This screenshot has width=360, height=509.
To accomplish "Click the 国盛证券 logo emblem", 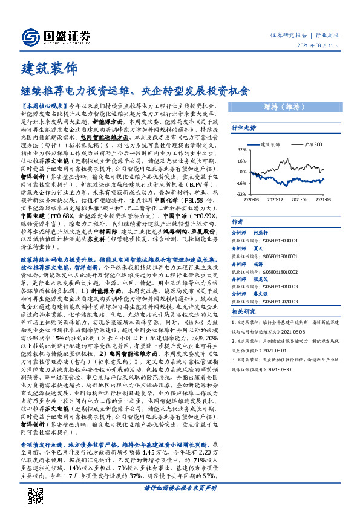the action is point(29,37).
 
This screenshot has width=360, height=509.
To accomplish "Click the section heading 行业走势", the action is point(244,128).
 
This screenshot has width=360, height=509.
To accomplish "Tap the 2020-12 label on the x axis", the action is point(276,198).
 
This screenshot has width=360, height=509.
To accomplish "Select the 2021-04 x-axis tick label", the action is point(299,198).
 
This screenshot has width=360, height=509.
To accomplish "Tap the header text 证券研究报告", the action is point(288,36).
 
